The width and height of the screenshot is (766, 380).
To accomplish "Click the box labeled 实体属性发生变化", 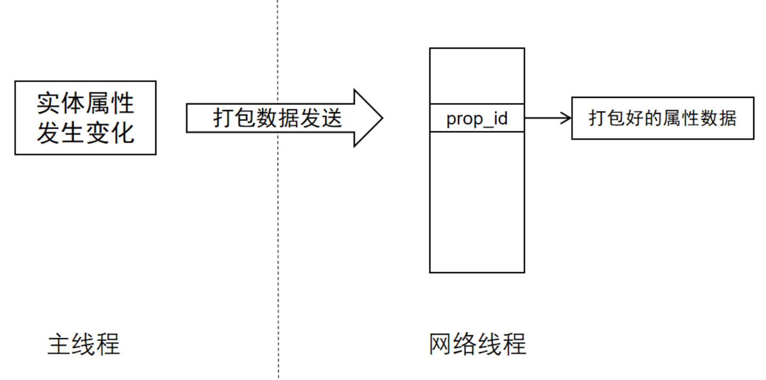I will pyautogui.click(x=85, y=118).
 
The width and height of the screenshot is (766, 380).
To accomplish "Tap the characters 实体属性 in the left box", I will pyautogui.click(x=85, y=103).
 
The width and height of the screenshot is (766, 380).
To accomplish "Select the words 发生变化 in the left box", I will pyautogui.click(x=85, y=132).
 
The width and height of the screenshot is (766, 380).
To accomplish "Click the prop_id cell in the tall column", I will pyautogui.click(x=477, y=118).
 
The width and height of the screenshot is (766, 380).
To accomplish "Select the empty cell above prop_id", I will pyautogui.click(x=477, y=76).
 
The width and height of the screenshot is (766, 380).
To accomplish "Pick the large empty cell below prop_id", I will pyautogui.click(x=477, y=202).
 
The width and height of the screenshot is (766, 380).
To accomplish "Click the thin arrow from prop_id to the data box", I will pyautogui.click(x=545, y=118).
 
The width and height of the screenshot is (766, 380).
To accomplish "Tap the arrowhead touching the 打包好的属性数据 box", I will pyautogui.click(x=567, y=118).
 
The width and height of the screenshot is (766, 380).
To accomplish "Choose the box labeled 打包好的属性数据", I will pyautogui.click(x=662, y=118).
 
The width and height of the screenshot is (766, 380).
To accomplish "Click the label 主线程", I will pyautogui.click(x=84, y=344).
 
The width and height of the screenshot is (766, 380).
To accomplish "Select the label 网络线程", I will pyautogui.click(x=477, y=344).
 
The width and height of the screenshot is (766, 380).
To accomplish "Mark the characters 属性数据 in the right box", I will pyautogui.click(x=700, y=118).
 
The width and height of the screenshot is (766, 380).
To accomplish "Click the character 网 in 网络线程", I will pyautogui.click(x=441, y=344).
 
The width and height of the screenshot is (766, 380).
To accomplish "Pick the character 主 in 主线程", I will pyautogui.click(x=59, y=344).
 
